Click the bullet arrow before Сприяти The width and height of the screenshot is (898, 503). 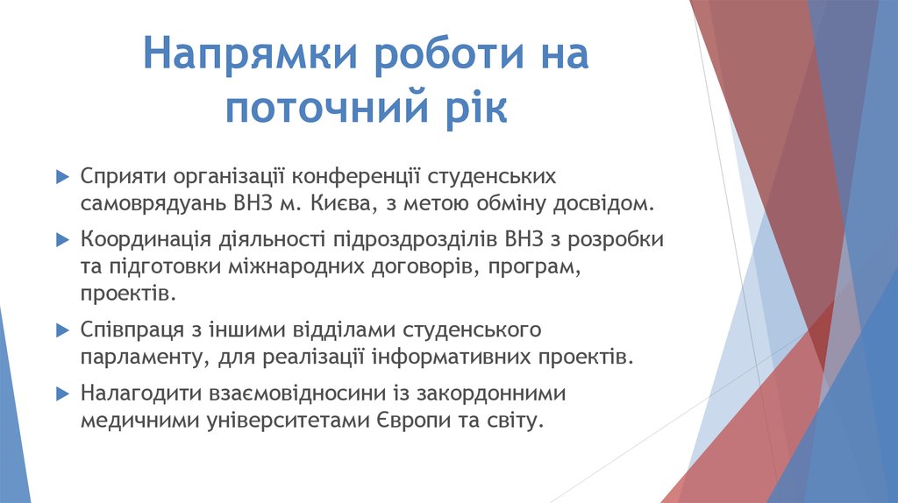pyautogui.click(x=61, y=176)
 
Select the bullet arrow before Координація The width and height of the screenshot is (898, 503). pyautogui.click(x=61, y=238)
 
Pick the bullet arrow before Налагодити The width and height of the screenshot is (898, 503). pyautogui.click(x=61, y=393)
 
